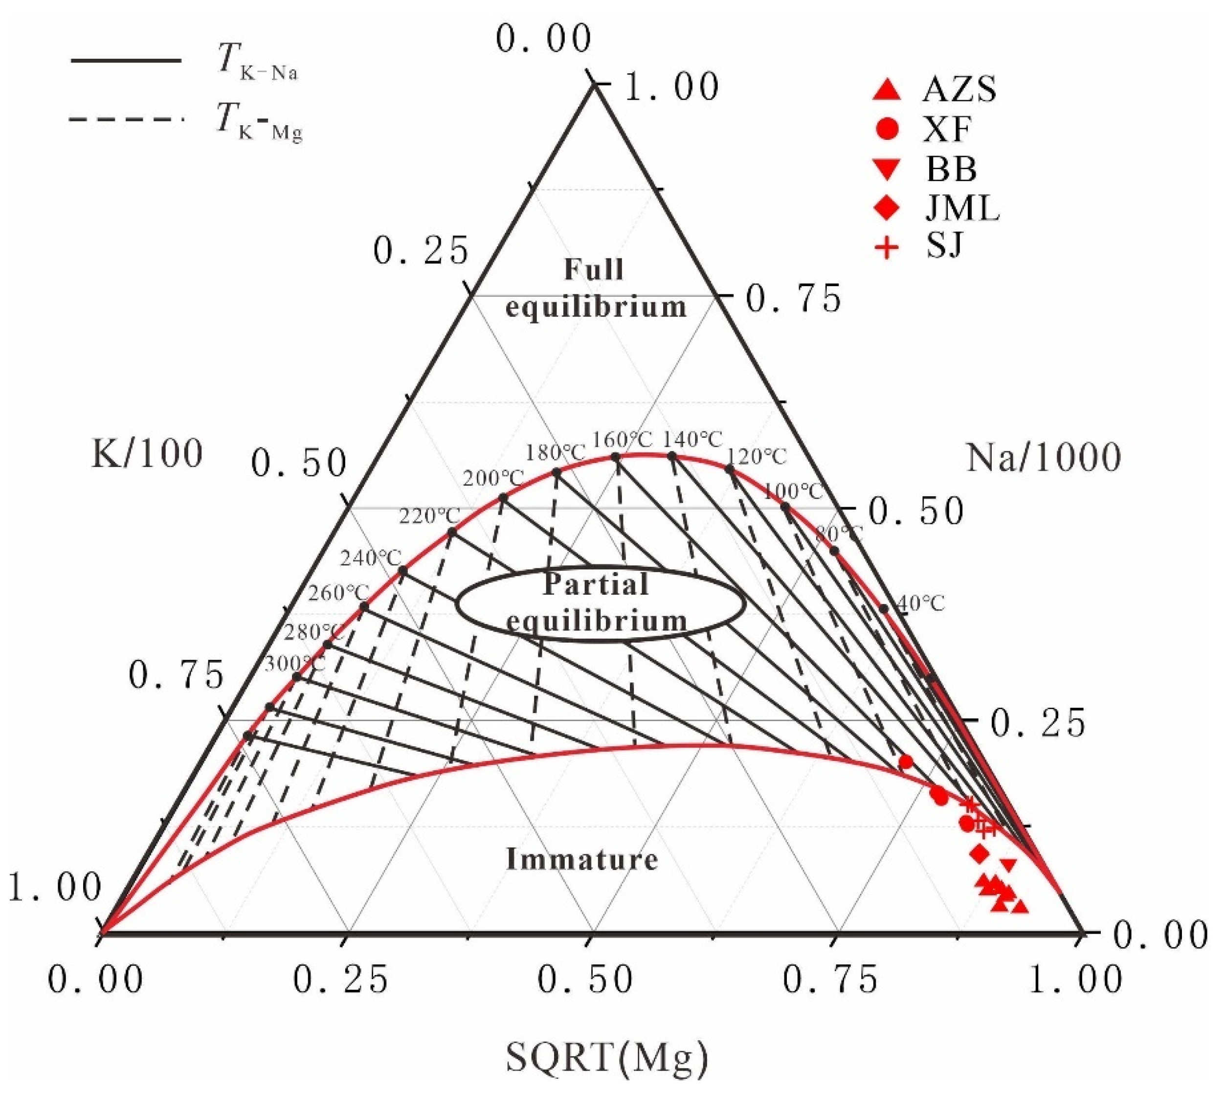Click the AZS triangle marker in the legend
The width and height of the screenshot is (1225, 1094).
point(887,90)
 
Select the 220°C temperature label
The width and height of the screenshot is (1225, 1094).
point(430,515)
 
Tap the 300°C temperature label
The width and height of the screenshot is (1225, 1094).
point(295,664)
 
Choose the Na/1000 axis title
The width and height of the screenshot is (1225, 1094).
point(1044,457)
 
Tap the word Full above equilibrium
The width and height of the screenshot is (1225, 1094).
point(594,269)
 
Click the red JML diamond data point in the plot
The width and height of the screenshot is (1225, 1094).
point(980,853)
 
